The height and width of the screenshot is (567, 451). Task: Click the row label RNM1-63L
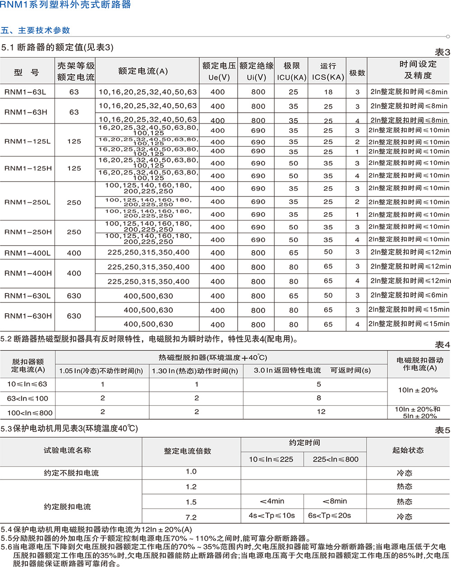pos(25,92)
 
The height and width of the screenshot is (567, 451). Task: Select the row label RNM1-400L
pos(28,253)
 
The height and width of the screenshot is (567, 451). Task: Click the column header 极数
pos(357,73)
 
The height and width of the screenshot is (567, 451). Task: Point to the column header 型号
pos(27,73)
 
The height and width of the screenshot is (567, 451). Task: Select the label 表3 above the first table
pos(442,52)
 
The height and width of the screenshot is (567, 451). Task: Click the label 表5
pos(442,430)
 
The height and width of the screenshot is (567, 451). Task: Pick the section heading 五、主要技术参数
pos(36,31)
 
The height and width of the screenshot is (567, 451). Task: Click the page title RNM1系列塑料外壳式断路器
pos(66,5)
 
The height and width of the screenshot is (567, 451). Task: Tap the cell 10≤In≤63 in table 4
pos(27,384)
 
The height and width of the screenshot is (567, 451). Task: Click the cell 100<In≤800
pos(30,412)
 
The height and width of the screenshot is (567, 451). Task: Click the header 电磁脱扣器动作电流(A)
pos(419,364)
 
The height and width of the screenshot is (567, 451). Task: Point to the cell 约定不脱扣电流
pos(71,473)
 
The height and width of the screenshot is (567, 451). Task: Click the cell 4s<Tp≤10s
pos(272,516)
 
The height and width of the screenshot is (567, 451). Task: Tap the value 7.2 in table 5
pos(191,517)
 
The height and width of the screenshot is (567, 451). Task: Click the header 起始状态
pos(408,450)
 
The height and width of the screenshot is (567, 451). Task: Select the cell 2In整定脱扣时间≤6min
pos(409,295)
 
